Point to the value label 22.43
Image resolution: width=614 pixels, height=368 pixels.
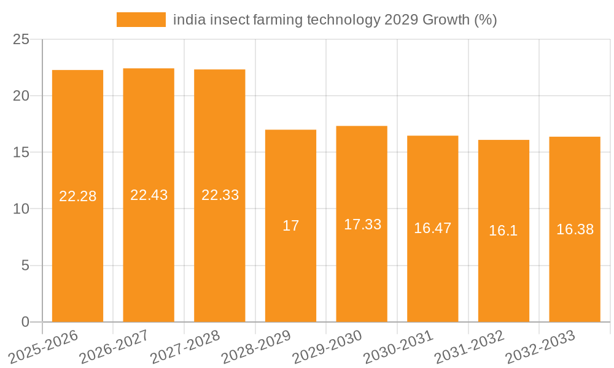tap(149, 195)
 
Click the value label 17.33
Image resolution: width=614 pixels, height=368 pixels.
tap(362, 224)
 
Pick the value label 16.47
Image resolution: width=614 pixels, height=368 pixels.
tap(432, 228)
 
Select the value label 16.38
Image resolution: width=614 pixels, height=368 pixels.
tap(575, 229)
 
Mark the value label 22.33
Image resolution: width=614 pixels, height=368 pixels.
tap(220, 195)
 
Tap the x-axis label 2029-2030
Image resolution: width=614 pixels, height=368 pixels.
tap(327, 346)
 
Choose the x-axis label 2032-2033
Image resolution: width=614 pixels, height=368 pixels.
tap(540, 346)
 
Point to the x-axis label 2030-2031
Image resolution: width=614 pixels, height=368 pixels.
tap(398, 346)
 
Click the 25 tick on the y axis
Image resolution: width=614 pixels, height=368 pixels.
tap(21, 40)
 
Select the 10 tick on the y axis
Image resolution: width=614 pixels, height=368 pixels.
tap(21, 209)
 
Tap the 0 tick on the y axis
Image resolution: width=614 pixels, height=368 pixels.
tap(25, 322)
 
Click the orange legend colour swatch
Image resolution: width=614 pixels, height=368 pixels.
tap(141, 20)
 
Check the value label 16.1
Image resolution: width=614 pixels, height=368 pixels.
tap(503, 231)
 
